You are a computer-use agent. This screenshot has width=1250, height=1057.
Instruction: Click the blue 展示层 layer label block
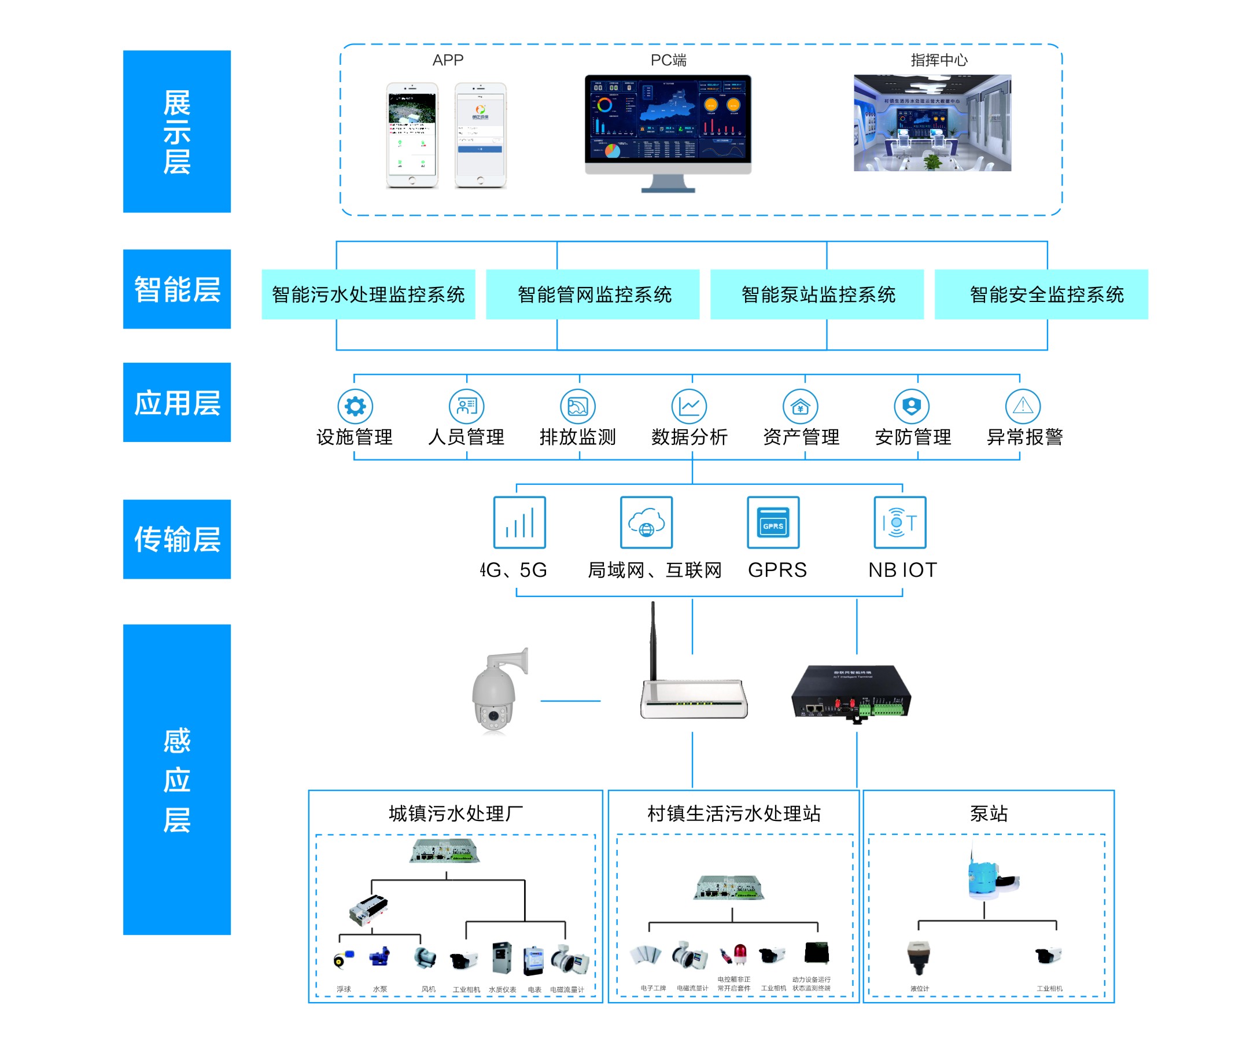tap(176, 131)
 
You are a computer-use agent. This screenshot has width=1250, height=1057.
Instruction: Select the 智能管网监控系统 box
tap(592, 294)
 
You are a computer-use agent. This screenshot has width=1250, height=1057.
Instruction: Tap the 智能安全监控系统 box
tap(1041, 294)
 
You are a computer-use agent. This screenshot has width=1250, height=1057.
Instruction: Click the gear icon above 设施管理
tap(355, 406)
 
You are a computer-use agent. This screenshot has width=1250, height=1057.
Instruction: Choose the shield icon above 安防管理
tap(911, 406)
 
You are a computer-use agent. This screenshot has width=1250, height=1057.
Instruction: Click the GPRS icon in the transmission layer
tap(773, 522)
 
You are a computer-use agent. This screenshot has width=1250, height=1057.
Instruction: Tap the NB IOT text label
tap(902, 569)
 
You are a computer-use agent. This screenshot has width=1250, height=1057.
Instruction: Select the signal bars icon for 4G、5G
tap(519, 522)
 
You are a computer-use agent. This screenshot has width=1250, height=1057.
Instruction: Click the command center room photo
tap(932, 123)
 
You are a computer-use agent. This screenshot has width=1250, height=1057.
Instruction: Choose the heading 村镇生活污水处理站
tap(733, 813)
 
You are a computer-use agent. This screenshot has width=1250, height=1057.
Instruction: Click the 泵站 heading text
tap(989, 813)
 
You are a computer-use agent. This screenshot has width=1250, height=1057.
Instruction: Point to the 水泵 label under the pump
tap(379, 989)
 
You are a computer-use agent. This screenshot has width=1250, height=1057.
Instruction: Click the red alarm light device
tap(740, 953)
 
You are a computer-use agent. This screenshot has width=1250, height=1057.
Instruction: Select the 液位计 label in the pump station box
tap(919, 988)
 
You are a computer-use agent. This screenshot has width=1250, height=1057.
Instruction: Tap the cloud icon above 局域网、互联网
tap(646, 522)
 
